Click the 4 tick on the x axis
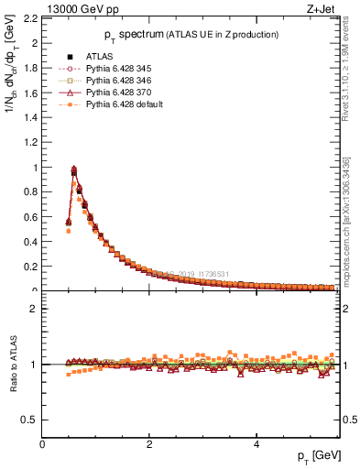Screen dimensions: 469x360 click(256, 445)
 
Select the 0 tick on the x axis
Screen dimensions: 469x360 click(43, 445)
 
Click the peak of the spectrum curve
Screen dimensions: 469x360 click(74, 169)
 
